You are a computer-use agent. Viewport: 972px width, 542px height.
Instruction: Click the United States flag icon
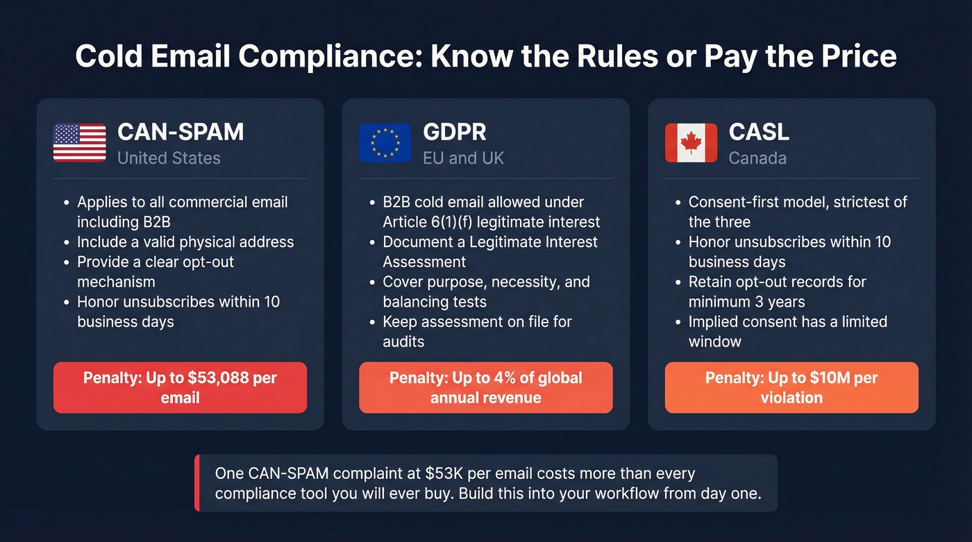80,143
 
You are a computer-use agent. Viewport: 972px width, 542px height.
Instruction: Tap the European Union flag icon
385,143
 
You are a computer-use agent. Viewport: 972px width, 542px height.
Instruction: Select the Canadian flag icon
691,143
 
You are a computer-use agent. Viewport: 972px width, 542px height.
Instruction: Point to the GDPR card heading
455,132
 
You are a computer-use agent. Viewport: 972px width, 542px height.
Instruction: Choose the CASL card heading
759,132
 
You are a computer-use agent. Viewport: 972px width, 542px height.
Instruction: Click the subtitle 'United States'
169,158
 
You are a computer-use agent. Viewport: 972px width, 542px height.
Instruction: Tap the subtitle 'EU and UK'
463,158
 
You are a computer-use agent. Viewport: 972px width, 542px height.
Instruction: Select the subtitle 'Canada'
757,158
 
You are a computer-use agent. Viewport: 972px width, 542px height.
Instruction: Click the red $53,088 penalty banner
180,387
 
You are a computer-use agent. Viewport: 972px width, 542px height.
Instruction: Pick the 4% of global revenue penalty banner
485,387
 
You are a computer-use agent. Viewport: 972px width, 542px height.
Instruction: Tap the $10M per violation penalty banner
791,387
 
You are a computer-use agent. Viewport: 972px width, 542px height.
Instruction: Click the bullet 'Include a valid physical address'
185,242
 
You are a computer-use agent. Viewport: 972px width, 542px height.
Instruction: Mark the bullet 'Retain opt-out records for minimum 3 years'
778,291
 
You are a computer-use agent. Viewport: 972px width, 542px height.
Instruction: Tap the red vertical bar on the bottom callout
197,483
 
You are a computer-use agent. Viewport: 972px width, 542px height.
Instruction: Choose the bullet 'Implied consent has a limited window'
787,331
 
